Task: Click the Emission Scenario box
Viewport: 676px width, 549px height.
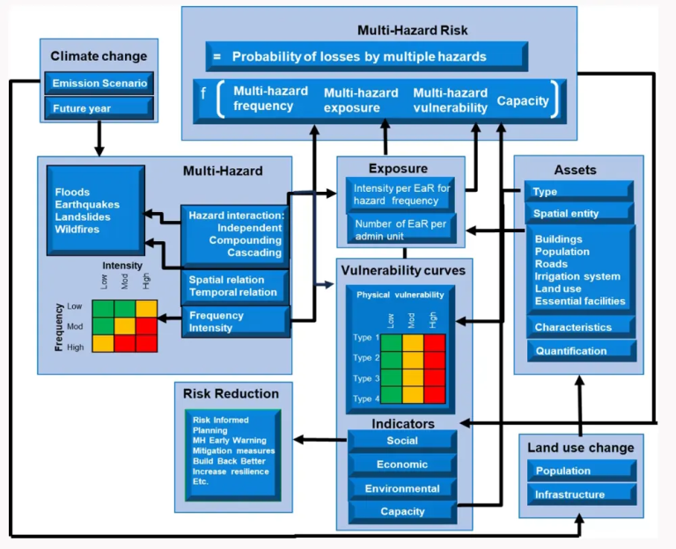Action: pyautogui.click(x=99, y=84)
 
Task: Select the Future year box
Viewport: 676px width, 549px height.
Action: pyautogui.click(x=99, y=109)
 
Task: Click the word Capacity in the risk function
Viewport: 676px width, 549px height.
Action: pyautogui.click(x=522, y=100)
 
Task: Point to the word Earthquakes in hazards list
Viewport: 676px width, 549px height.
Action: pyautogui.click(x=87, y=205)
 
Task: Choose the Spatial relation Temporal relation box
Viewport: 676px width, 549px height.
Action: pyautogui.click(x=234, y=286)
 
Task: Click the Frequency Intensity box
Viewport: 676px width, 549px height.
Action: pyautogui.click(x=234, y=321)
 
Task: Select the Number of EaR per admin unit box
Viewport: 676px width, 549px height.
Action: pyautogui.click(x=400, y=230)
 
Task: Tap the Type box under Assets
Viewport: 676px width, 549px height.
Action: pyautogui.click(x=579, y=191)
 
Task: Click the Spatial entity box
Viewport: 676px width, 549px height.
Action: pyautogui.click(x=579, y=213)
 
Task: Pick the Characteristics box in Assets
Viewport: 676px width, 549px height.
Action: pyautogui.click(x=579, y=327)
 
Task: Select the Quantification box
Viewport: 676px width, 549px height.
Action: pyautogui.click(x=579, y=351)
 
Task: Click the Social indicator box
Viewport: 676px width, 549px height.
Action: pyautogui.click(x=402, y=441)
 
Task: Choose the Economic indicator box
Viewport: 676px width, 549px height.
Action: pyautogui.click(x=402, y=465)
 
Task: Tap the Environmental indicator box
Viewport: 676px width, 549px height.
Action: pyautogui.click(x=402, y=488)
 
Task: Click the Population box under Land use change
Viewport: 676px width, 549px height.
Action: pyautogui.click(x=581, y=471)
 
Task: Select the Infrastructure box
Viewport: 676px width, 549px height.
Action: pyautogui.click(x=581, y=494)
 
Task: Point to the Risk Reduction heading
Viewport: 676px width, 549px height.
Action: pyautogui.click(x=231, y=393)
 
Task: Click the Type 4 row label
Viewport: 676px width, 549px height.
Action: pyautogui.click(x=365, y=399)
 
